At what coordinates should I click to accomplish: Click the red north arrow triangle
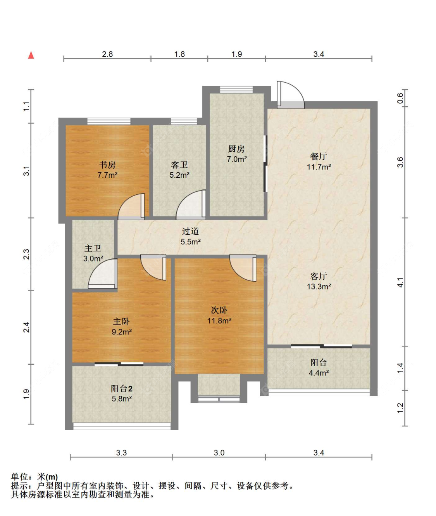[31, 55]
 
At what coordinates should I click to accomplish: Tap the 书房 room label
[107, 165]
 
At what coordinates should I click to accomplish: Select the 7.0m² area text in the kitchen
[237, 159]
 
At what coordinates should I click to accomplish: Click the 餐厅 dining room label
[319, 156]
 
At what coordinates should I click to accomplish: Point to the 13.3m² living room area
[319, 286]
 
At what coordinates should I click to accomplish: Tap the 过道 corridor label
[190, 231]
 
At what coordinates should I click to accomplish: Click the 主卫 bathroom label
[93, 248]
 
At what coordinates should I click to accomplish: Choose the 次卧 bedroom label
[219, 310]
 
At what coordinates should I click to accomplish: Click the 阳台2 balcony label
[121, 388]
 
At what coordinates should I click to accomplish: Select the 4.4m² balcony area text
[319, 373]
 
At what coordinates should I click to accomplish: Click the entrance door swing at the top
[291, 95]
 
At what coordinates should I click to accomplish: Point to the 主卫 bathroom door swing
[103, 274]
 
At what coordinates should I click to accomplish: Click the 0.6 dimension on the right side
[400, 98]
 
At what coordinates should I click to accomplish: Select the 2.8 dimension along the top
[107, 54]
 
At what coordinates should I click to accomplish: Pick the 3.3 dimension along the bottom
[121, 453]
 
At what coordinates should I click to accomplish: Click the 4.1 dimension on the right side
[400, 282]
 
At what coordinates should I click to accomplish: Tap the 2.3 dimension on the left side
[26, 254]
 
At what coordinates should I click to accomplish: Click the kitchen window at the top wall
[236, 90]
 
